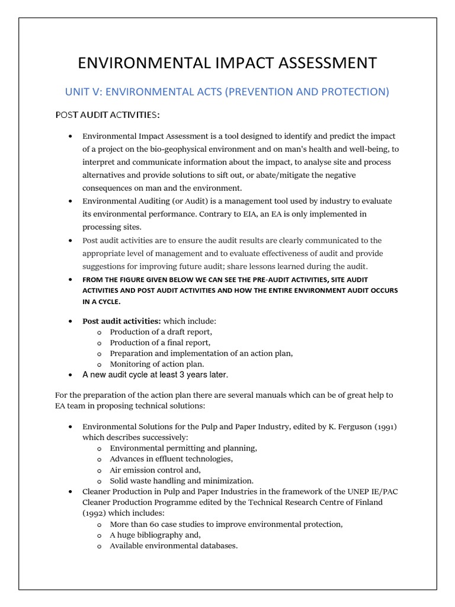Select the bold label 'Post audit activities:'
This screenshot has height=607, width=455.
click(121, 321)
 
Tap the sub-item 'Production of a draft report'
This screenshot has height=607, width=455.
click(161, 331)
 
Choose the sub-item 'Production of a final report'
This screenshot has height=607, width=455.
click(160, 342)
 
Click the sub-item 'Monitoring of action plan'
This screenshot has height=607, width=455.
click(157, 363)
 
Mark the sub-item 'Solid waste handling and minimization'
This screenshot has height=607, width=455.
click(181, 480)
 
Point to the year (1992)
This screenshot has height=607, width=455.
click(95, 513)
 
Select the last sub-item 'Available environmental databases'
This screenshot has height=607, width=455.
click(174, 545)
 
